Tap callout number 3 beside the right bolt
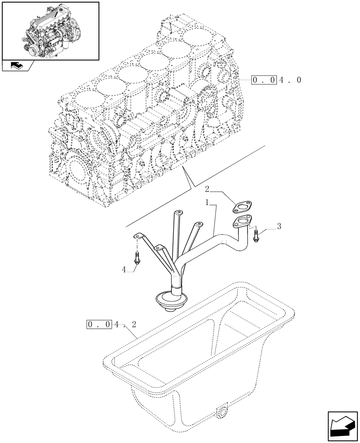click(x=279, y=226)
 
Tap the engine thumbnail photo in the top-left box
click(x=49, y=31)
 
